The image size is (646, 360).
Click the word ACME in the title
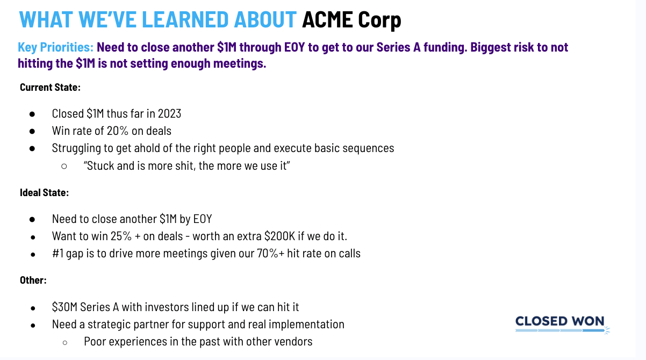tap(327, 19)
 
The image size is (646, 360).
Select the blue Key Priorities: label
tap(56, 47)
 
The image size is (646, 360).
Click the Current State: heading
tap(50, 87)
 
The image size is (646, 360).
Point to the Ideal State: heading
tap(45, 192)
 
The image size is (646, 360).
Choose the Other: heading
tap(33, 280)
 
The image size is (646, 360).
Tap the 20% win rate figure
tap(118, 131)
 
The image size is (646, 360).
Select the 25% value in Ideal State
tap(121, 236)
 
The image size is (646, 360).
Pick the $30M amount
tap(64, 307)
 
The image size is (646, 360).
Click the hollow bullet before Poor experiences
tap(65, 343)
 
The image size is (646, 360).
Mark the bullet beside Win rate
tap(32, 132)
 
